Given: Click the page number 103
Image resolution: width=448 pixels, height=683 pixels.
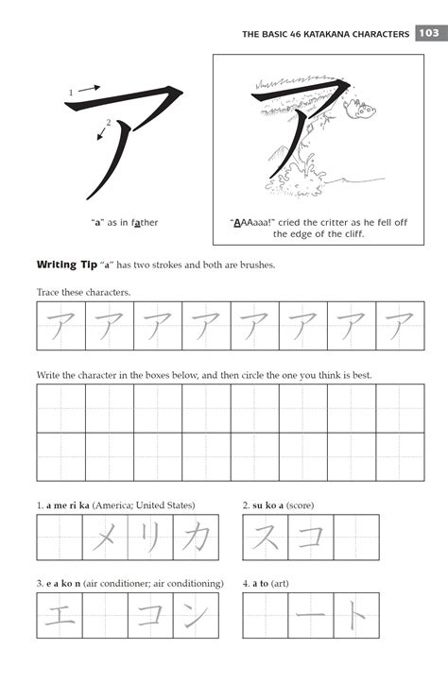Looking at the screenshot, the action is [x=429, y=33].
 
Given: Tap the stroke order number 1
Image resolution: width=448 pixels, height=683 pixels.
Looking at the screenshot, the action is [x=71, y=93].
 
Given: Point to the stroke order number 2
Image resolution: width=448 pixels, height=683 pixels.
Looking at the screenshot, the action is [x=109, y=123].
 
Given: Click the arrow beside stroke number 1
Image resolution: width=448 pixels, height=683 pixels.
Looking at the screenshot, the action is [x=90, y=88].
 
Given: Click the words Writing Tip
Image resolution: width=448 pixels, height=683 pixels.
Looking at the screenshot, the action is [x=67, y=265].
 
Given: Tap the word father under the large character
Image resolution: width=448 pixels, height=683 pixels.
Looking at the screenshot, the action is [x=145, y=222].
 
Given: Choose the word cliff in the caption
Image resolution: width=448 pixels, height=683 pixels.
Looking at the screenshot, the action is [x=353, y=234].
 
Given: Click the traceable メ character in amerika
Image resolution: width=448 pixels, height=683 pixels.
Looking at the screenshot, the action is [x=105, y=538].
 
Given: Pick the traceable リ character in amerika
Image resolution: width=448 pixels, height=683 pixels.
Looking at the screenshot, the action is [x=150, y=538].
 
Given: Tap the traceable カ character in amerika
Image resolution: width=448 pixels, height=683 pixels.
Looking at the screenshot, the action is [x=196, y=538].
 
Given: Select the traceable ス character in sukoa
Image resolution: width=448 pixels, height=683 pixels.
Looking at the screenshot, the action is [x=266, y=537].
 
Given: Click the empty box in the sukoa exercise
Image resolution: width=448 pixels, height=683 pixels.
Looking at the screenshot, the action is [x=356, y=538].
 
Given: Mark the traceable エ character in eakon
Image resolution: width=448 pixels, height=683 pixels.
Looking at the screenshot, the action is [x=60, y=616].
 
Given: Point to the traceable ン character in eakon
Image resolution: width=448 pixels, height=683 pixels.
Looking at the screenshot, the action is [x=196, y=615].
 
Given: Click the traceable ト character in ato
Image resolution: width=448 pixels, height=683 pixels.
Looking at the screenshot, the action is [x=356, y=615].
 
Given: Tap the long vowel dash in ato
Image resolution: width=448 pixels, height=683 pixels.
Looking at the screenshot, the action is [x=310, y=615].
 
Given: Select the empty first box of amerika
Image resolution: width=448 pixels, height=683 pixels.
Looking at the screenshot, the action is [x=60, y=538].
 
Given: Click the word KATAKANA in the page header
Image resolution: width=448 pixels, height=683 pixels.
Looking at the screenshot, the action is [x=326, y=34].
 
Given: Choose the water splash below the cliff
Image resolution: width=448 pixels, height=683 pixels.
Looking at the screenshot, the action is [x=301, y=178].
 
